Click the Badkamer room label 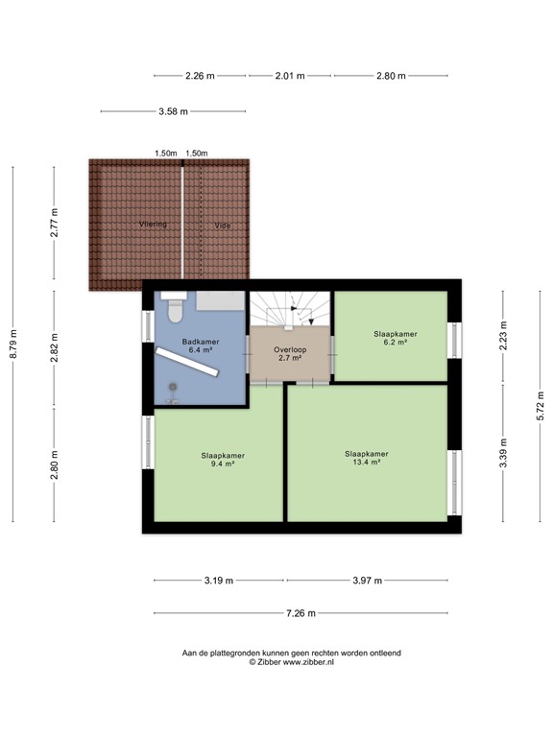pos(201,341)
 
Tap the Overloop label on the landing pos(290,350)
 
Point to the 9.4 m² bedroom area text pos(222,464)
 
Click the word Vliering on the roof pos(153,225)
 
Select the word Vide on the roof pos(223,226)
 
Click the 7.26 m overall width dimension pos(301,613)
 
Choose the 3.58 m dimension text pos(173,111)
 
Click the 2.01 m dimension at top pos(289,75)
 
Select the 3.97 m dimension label pos(367,580)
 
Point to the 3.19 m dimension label pos(216,580)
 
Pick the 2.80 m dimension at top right pos(391,75)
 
